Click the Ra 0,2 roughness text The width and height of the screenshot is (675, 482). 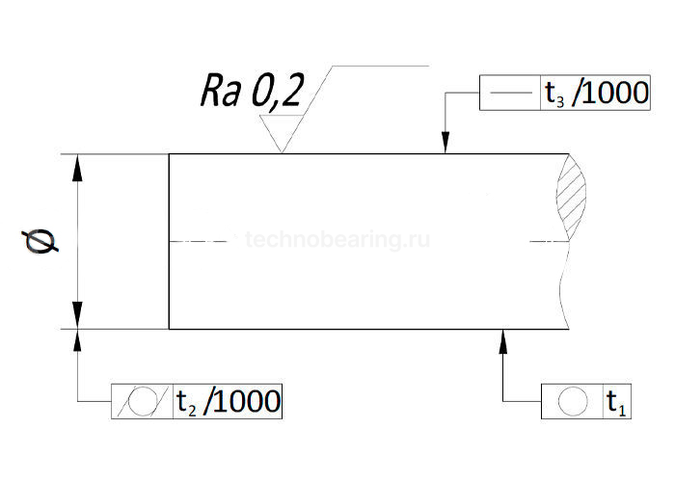252,93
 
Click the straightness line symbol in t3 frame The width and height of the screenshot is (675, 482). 510,94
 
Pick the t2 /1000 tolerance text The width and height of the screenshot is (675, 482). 228,400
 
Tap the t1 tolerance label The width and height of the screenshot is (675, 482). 615,400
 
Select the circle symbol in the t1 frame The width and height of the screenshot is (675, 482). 572,400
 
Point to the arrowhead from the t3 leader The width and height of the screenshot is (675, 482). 445,146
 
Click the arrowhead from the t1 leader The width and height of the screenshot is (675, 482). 502,337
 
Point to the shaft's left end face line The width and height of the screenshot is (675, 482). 170,241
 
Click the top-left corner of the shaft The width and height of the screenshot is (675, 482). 170,154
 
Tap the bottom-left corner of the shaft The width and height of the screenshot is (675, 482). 170,329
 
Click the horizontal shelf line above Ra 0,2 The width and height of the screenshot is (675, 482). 381,66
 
